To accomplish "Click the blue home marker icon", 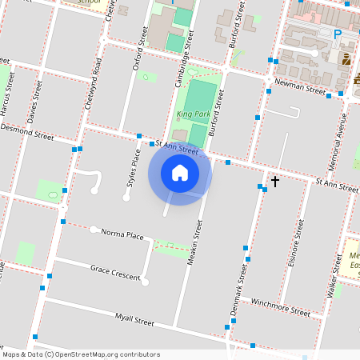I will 180,173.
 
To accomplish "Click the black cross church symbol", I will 275,182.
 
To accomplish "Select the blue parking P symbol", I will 337,34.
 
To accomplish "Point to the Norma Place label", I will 122,234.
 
